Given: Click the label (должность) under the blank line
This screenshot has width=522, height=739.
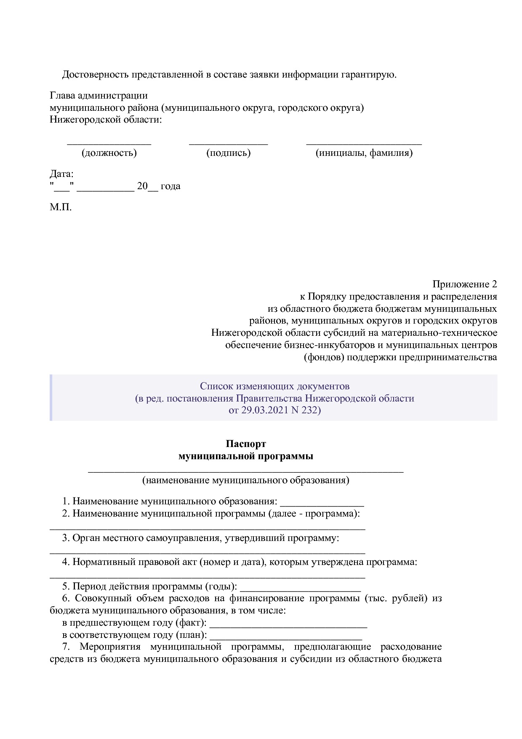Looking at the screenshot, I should click(109, 153).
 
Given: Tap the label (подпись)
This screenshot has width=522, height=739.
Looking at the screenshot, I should click(228, 153).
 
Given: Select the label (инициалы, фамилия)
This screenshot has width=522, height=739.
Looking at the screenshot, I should click(364, 153).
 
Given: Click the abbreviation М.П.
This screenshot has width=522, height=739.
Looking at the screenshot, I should click(61, 207).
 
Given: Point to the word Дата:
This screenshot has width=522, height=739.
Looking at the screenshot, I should click(61, 174).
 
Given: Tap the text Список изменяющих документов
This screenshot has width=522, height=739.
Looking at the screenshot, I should click(274, 386).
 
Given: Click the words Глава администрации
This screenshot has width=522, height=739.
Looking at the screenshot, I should click(99, 96).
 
